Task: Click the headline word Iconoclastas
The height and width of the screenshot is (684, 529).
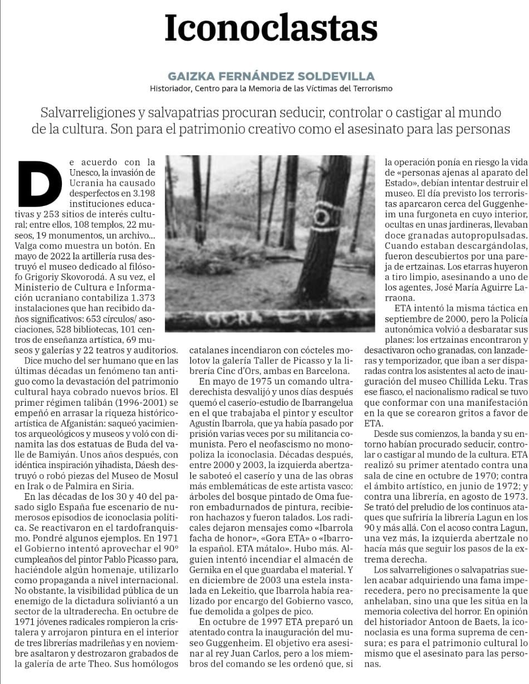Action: tap(271, 28)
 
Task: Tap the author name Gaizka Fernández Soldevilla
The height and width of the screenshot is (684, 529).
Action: tap(271, 76)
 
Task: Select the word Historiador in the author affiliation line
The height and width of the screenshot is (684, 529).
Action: tap(170, 88)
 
